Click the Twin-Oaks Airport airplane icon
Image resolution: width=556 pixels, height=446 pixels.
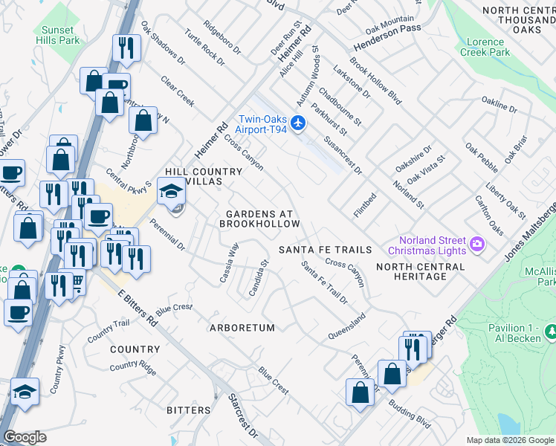pyautogui.click(x=299, y=123)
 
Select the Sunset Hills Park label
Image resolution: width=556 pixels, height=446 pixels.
pyautogui.click(x=56, y=35)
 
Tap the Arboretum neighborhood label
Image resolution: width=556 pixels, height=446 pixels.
pyautogui.click(x=242, y=327)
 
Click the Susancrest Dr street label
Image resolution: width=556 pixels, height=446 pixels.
pyautogui.click(x=343, y=155)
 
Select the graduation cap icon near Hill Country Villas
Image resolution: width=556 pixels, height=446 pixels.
pyautogui.click(x=171, y=194)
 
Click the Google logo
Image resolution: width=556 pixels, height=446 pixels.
pyautogui.click(x=25, y=437)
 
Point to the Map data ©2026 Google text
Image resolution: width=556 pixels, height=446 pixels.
pyautogui.click(x=510, y=440)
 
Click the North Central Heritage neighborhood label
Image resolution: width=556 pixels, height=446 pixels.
pyautogui.click(x=421, y=271)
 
